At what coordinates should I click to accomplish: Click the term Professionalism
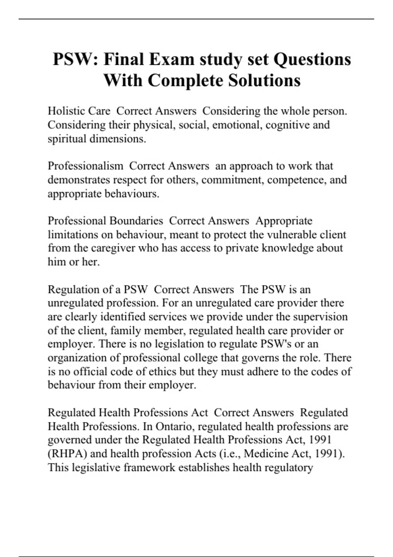tap(85, 166)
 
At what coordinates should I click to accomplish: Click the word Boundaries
tap(136, 221)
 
